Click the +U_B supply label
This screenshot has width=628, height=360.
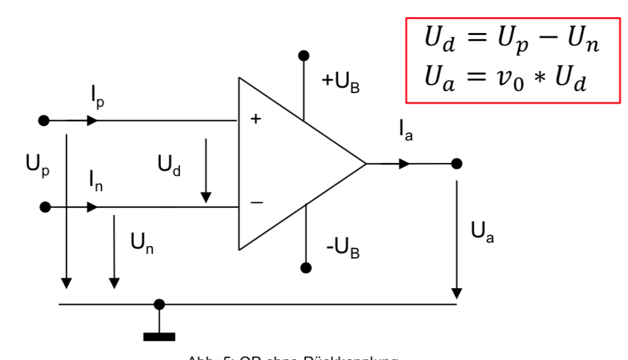coord(340,82)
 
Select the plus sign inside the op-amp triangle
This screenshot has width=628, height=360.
coord(255,119)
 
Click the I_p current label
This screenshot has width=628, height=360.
coord(98,98)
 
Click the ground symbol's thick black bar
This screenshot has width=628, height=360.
coord(159,336)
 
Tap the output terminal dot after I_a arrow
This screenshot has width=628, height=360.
coord(456,164)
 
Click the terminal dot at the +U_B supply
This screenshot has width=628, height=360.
coord(303,56)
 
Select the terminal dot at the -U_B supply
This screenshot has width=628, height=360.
coord(305,268)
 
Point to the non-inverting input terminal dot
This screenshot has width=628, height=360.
coord(44,121)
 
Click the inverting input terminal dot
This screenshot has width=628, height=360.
coord(45,207)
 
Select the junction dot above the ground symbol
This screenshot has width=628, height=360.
coord(159,304)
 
